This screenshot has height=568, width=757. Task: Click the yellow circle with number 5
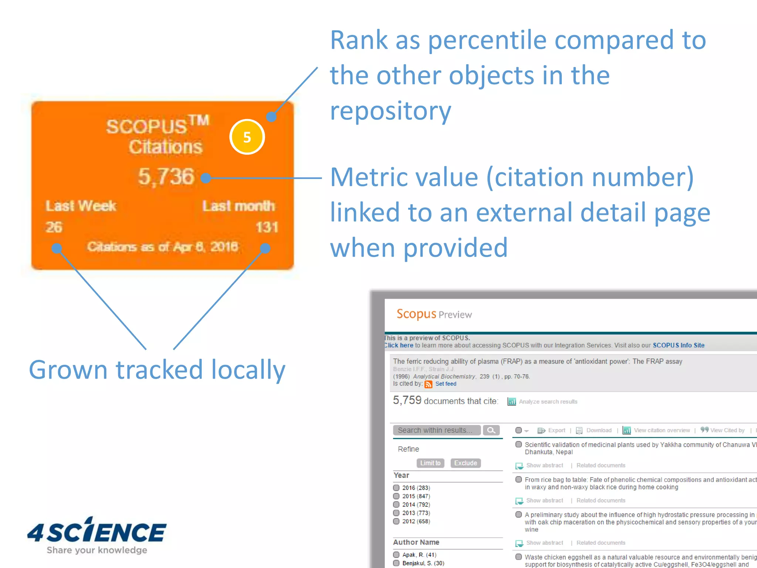tap(247, 137)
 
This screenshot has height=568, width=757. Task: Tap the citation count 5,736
tap(166, 176)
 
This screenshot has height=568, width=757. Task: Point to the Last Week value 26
tap(54, 227)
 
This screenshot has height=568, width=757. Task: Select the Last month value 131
tap(267, 227)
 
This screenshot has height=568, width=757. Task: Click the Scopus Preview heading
tap(434, 314)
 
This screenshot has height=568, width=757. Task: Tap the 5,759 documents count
tap(407, 400)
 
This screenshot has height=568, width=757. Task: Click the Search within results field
tap(437, 430)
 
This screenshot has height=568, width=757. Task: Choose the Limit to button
tap(430, 463)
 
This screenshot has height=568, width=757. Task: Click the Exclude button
tap(465, 463)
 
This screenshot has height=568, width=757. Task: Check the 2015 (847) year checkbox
tap(396, 496)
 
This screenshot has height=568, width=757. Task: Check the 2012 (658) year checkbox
tap(396, 521)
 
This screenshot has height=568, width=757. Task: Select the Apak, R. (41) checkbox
tap(396, 555)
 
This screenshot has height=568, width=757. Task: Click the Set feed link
tap(446, 384)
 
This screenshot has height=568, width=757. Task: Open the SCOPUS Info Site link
tap(678, 345)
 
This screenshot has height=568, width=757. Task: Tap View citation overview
tap(662, 430)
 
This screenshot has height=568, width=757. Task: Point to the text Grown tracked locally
tap(157, 370)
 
